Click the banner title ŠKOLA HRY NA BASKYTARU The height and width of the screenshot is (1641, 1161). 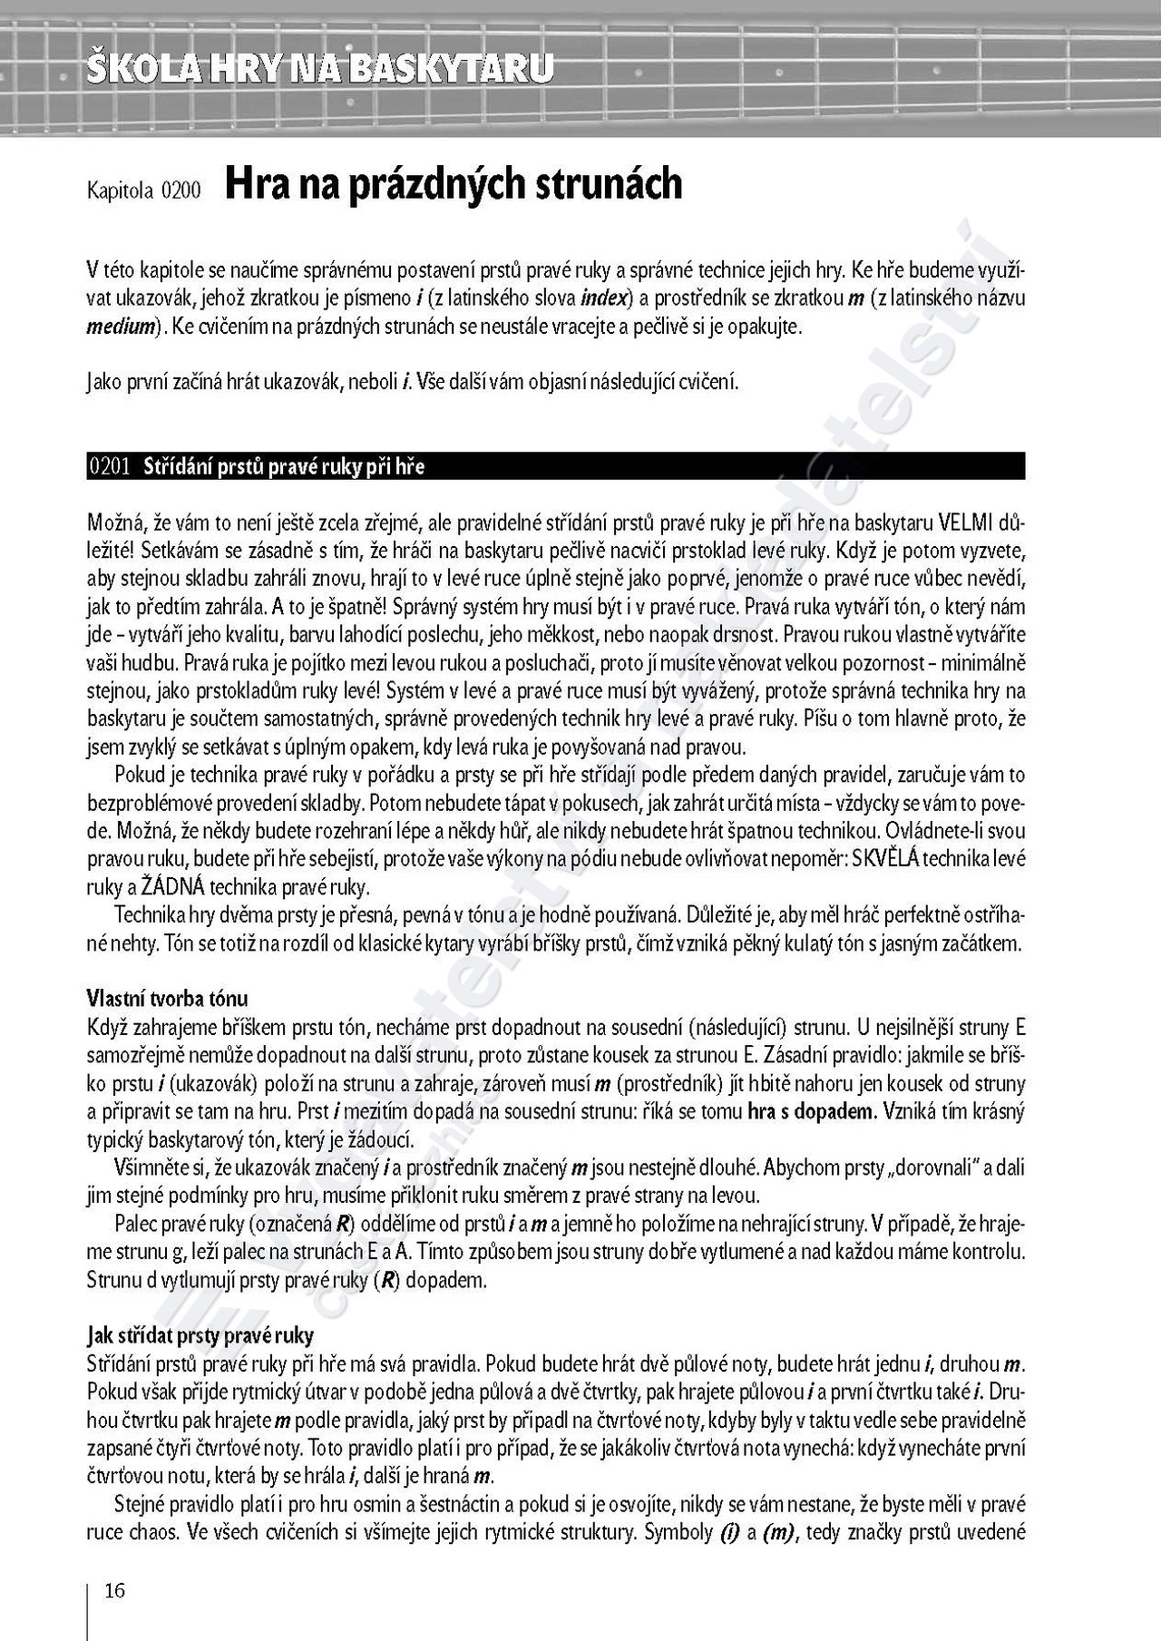tap(319, 69)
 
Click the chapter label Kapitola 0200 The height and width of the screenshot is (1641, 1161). tap(144, 190)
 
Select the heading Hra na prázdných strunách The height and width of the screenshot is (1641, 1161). tap(453, 184)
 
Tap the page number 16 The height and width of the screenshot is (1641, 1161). tap(114, 1590)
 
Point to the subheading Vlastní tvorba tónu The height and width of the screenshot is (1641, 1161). tap(167, 999)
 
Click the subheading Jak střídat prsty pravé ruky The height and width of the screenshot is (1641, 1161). tap(200, 1335)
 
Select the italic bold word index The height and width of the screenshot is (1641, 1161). tap(605, 298)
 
